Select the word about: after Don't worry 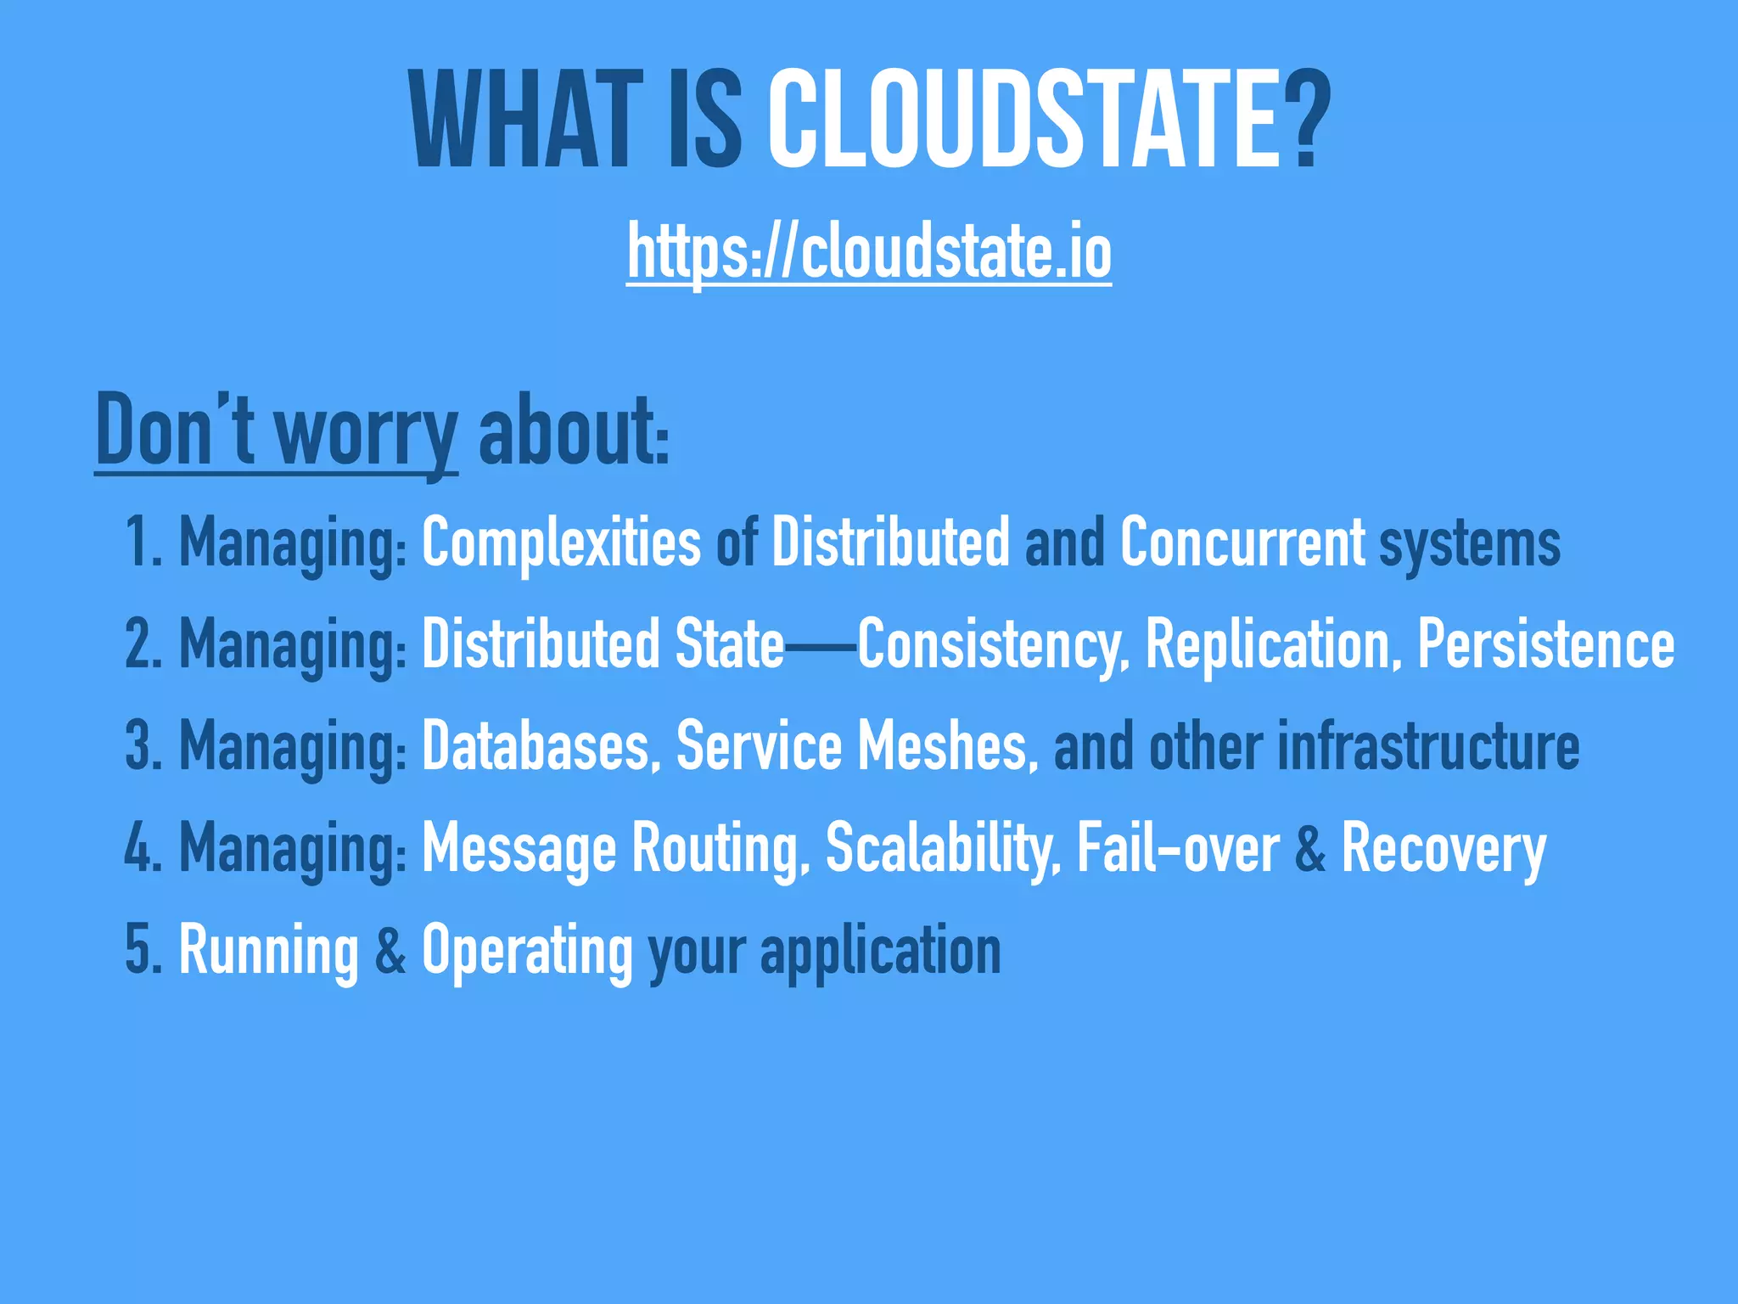(x=574, y=431)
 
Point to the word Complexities (x=561, y=542)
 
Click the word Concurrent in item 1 (x=1242, y=542)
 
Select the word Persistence (x=1546, y=644)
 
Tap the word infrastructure (x=1428, y=745)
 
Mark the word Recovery (x=1444, y=847)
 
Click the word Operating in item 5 (x=527, y=949)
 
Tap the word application (x=881, y=951)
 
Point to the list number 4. (x=138, y=847)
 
